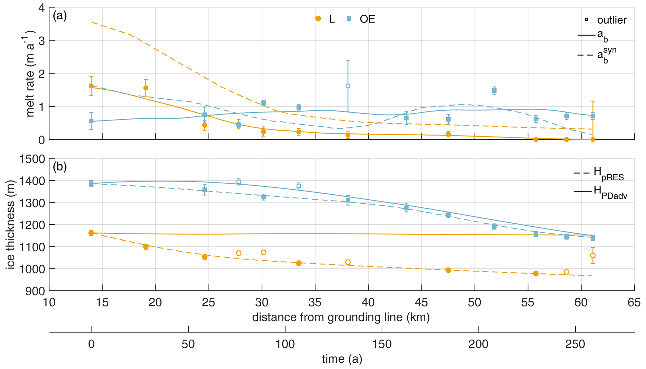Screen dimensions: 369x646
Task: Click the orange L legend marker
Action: click(318, 19)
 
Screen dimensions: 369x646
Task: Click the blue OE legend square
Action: click(349, 19)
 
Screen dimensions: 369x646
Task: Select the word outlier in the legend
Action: click(612, 20)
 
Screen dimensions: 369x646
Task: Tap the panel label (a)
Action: click(60, 16)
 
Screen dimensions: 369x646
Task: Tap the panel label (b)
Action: click(60, 167)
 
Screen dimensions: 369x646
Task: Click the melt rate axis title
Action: click(30, 74)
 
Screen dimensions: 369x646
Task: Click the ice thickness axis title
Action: click(11, 224)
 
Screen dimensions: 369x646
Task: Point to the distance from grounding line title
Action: click(341, 317)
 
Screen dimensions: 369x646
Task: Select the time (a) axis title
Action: click(342, 359)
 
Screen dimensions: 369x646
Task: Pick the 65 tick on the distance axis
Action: click(634, 302)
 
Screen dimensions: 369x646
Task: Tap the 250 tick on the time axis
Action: click(575, 344)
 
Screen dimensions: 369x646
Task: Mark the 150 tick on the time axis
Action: click(382, 344)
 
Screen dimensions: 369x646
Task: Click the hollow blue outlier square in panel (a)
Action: click(348, 86)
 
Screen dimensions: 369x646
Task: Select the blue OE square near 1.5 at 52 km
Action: click(494, 91)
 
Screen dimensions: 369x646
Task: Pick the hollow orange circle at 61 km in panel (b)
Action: click(593, 256)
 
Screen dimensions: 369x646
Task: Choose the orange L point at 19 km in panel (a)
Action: click(146, 88)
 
